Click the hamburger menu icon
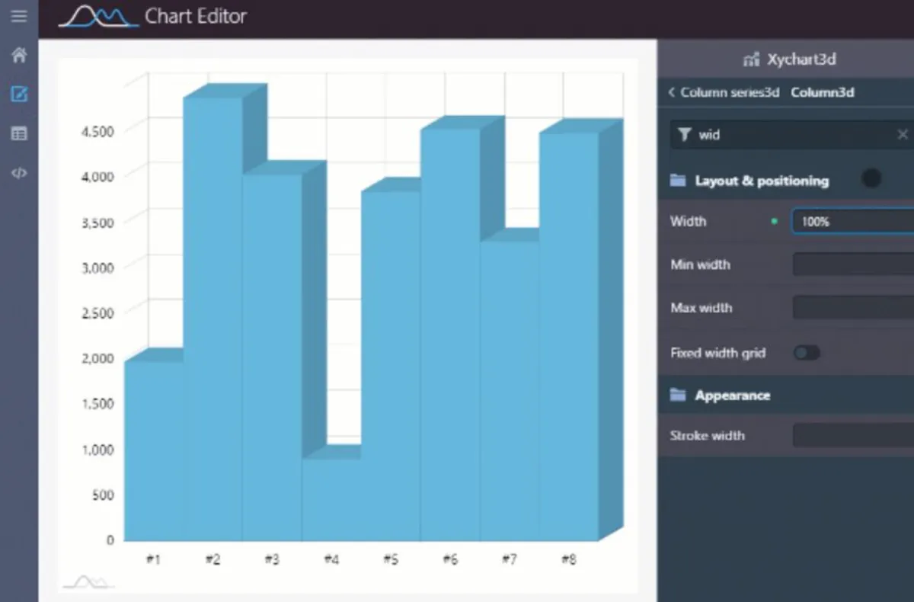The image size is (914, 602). coord(19,16)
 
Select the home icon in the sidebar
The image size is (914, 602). coord(19,56)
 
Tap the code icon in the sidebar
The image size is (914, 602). coord(19,173)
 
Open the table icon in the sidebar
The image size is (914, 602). coord(19,134)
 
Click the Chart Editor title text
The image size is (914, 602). coord(195,16)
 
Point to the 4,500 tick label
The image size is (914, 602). coord(97,131)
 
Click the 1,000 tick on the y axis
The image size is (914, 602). coord(97,450)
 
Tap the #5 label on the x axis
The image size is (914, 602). coord(390,560)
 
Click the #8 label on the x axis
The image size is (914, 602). coord(568,560)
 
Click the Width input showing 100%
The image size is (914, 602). coord(852,222)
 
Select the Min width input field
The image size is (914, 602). coord(852,265)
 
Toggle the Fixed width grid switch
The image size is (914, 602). coord(807,353)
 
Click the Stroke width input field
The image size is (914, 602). coord(852,436)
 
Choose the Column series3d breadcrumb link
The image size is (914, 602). coord(729,93)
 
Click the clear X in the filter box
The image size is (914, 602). coord(903,135)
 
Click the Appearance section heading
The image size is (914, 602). coord(732,395)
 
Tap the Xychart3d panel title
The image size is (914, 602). coord(801,59)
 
